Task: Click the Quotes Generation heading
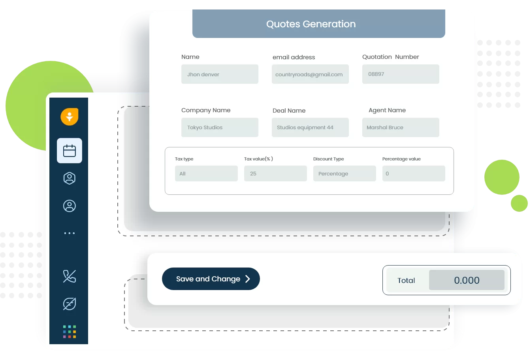(311, 24)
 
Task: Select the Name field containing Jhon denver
(220, 74)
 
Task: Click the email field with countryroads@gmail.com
(310, 74)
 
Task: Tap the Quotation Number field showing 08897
(401, 74)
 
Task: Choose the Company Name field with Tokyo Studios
(220, 127)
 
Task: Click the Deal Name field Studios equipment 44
(310, 127)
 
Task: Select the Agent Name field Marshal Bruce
(401, 127)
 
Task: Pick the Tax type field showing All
(206, 173)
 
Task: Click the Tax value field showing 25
(275, 173)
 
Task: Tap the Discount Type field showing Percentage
(345, 173)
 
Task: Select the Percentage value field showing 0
(414, 173)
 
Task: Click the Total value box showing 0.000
(467, 280)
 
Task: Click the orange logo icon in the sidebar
(70, 117)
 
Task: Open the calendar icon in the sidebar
(70, 151)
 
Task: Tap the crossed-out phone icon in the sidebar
(70, 276)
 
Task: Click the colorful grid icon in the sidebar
(70, 332)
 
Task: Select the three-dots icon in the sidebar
(70, 233)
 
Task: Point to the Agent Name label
(387, 110)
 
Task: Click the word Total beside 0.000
(406, 281)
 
